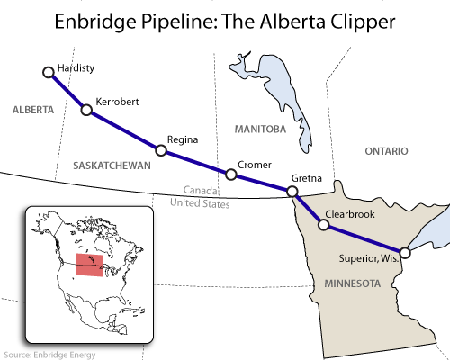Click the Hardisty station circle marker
pos(48,70)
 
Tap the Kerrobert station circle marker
pos(87,111)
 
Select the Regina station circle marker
pos(160,150)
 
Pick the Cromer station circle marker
pos(230,174)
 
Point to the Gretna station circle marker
pos(292,191)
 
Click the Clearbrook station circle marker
pos(323,225)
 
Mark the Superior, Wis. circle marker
pos(405,253)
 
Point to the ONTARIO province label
pos(387,150)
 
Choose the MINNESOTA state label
pos(348,283)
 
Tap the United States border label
pos(200,204)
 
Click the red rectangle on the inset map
pos(88,265)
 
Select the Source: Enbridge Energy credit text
pos(50,354)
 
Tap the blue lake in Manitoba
pos(286,94)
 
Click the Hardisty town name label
pos(76,67)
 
